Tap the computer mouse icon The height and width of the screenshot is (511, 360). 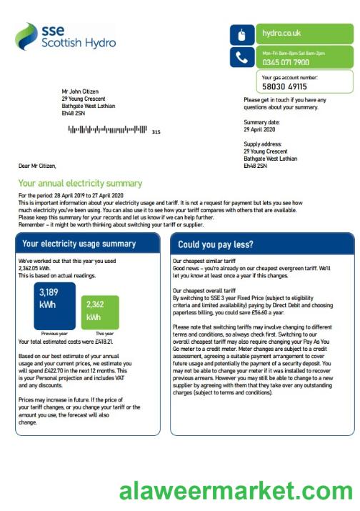point(241,34)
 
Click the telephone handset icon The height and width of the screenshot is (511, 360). point(241,57)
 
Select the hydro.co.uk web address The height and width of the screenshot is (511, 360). point(281,33)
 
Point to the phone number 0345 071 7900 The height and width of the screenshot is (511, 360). point(286,62)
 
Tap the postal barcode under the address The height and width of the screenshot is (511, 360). point(107,130)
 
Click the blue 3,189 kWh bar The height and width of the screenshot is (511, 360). point(55,306)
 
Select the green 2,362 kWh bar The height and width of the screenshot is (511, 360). point(100,312)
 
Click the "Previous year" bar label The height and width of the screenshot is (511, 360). point(54,334)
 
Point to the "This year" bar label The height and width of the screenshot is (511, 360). point(104,334)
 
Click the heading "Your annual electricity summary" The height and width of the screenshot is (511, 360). point(80,184)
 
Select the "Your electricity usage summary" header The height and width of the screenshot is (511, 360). point(79,244)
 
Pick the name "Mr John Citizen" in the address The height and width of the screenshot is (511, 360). point(80,91)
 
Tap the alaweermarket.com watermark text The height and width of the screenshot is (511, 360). point(236,492)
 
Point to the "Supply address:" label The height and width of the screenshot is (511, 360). point(262,144)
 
